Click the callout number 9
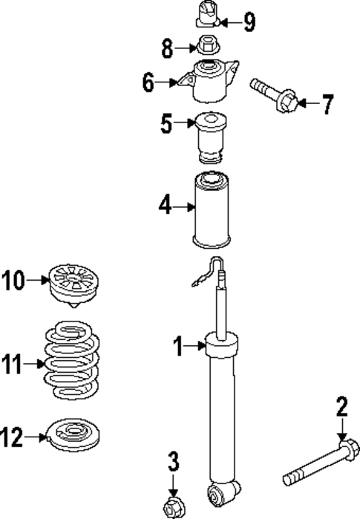[249, 22]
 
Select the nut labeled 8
[208, 47]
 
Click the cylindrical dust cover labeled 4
[211, 212]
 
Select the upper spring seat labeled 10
[74, 286]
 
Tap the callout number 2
[341, 407]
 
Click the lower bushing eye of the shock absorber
[223, 491]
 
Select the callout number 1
[178, 345]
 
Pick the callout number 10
[14, 281]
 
